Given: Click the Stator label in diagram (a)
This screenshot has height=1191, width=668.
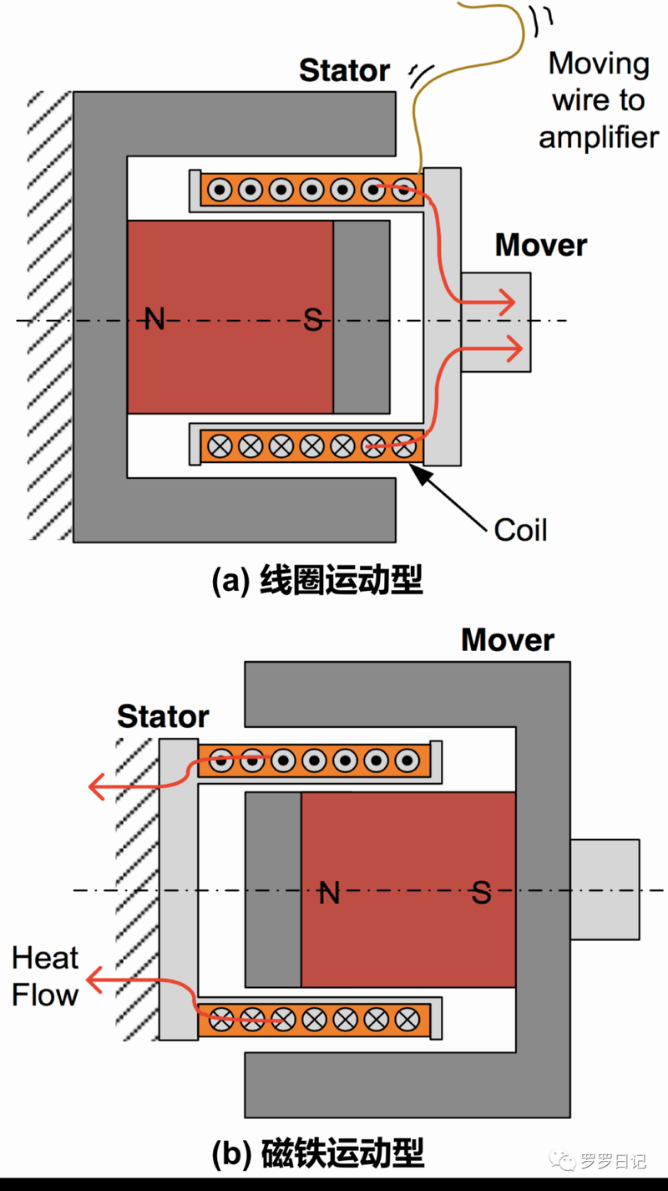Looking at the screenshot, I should tap(344, 71).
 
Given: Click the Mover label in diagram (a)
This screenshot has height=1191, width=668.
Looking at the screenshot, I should tap(540, 246).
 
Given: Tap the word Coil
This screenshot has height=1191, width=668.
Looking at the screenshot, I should tap(520, 530).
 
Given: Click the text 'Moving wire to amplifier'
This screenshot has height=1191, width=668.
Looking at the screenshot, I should tap(599, 100).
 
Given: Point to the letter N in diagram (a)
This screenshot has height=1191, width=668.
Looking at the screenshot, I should tap(154, 318).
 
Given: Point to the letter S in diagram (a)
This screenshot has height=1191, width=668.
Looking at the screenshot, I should tap(312, 319).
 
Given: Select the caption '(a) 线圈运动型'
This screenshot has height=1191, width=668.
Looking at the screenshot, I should tap(318, 580).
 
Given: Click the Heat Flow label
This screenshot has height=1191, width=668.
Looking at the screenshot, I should tap(45, 977).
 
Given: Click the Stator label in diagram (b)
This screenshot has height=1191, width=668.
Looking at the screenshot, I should tap(163, 717).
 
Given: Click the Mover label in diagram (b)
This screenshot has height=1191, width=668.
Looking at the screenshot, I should tap(508, 640).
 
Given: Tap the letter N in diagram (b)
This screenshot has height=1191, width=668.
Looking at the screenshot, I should tap(330, 893).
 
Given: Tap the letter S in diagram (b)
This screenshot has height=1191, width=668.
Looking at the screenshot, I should tap(482, 893).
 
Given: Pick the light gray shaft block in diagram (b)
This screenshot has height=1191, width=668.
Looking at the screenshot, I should tap(605, 888).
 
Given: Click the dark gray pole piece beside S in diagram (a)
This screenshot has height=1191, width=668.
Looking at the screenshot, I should tap(362, 317).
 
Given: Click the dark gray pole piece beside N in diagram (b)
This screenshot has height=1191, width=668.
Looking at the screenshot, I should tap(273, 889).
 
